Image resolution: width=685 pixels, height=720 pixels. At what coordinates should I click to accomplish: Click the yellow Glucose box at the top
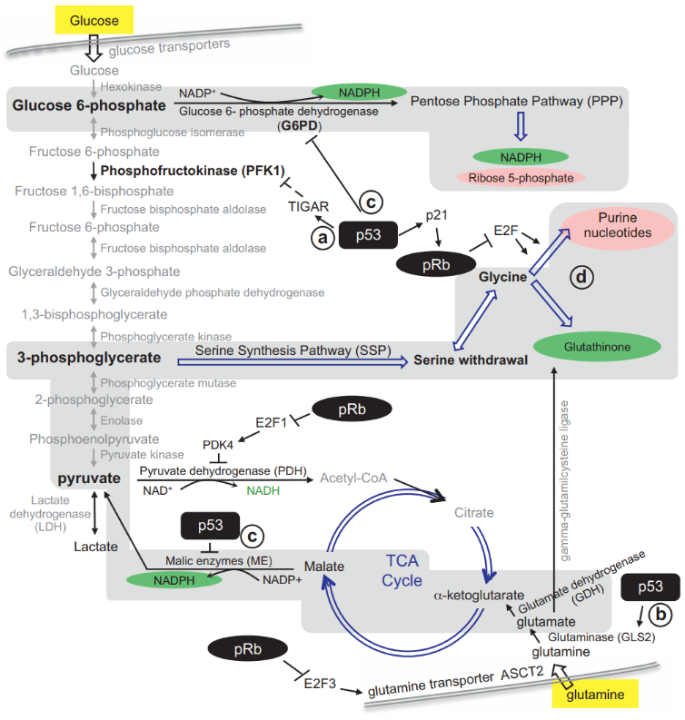pyautogui.click(x=94, y=20)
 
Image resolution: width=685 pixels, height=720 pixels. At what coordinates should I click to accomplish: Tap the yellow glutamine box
pyautogui.click(x=595, y=693)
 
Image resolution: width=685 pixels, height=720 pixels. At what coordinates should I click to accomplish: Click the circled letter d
pyautogui.click(x=581, y=277)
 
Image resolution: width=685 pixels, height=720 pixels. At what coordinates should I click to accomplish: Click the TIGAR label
pyautogui.click(x=308, y=206)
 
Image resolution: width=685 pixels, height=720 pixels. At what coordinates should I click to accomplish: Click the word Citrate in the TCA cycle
pyautogui.click(x=473, y=513)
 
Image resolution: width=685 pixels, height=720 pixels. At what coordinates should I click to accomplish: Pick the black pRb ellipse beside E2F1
pyautogui.click(x=352, y=409)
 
